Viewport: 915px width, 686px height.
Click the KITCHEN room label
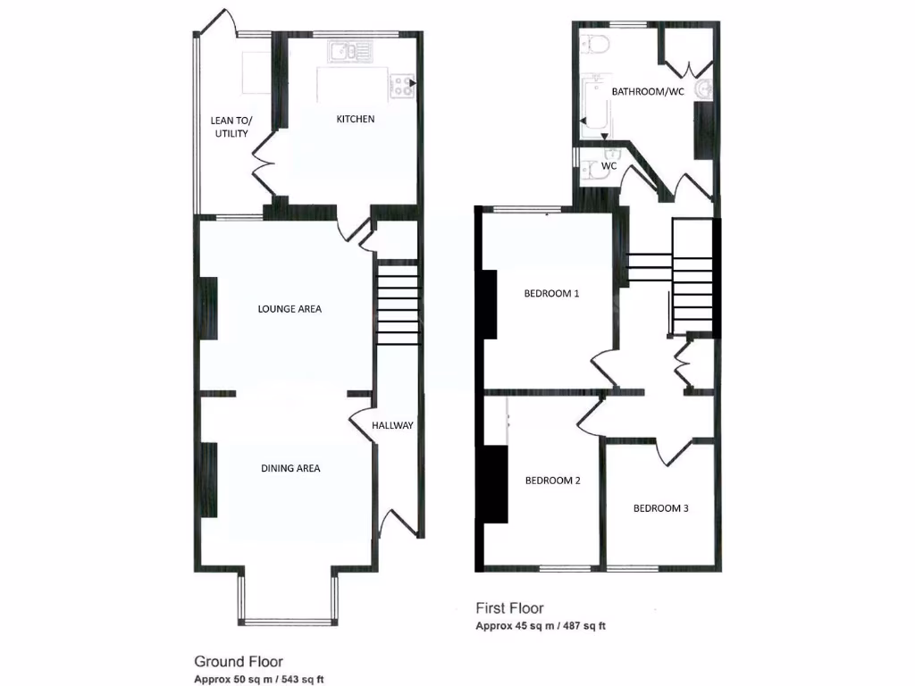(355, 120)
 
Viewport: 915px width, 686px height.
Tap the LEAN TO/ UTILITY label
(229, 127)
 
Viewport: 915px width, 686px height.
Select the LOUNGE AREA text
(290, 309)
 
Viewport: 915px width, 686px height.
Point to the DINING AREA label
(290, 468)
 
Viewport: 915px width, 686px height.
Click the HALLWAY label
(393, 425)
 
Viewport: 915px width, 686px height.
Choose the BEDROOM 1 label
(551, 293)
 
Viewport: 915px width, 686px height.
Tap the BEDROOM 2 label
(552, 481)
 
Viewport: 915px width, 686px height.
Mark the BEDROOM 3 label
(660, 509)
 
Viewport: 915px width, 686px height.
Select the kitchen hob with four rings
(403, 86)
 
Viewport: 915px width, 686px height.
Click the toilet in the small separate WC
(591, 171)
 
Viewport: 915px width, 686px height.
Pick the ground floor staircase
(398, 303)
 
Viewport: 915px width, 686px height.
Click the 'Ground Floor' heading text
(239, 662)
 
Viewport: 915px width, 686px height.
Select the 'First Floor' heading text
(510, 609)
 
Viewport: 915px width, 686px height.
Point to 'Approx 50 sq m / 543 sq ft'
(259, 680)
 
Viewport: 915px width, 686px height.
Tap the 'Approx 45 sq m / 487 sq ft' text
(540, 626)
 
